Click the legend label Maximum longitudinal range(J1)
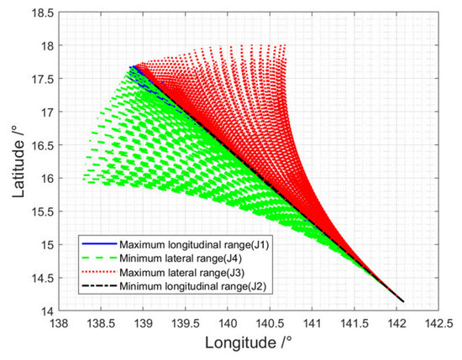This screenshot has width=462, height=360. click(x=194, y=244)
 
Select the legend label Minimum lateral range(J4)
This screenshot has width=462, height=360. click(x=181, y=258)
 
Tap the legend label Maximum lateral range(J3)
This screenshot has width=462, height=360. click(x=181, y=272)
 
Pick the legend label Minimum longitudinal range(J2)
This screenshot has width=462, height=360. click(x=193, y=286)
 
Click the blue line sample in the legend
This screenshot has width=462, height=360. click(x=99, y=243)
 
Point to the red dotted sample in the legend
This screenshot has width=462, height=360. click(x=99, y=272)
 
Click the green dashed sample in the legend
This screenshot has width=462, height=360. click(x=99, y=258)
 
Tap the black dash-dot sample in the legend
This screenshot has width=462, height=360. click(x=99, y=286)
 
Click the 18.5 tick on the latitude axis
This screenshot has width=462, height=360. click(x=43, y=13)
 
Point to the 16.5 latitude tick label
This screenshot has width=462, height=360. click(x=43, y=145)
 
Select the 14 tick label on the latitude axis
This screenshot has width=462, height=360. click(x=47, y=311)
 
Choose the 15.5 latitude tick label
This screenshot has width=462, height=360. click(x=43, y=211)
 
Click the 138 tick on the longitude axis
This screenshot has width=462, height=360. click(x=59, y=324)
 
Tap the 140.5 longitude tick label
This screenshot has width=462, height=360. click(x=270, y=324)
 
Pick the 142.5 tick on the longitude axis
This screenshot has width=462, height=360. click(x=438, y=324)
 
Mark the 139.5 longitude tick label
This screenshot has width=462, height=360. click(x=186, y=324)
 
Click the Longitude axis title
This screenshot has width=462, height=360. click(x=249, y=343)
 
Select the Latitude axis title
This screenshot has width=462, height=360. click(x=18, y=161)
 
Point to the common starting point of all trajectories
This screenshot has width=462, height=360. click(x=403, y=301)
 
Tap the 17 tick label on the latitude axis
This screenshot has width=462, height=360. click(x=47, y=112)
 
